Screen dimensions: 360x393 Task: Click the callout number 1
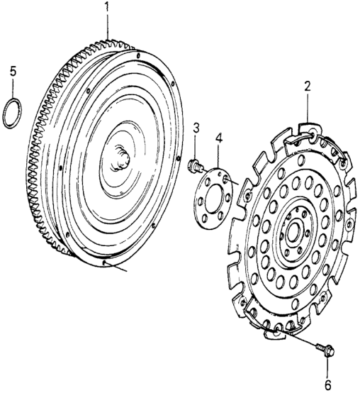(108, 6)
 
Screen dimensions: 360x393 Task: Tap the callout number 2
(308, 87)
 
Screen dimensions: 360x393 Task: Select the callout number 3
(196, 128)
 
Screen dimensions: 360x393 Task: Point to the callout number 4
(218, 139)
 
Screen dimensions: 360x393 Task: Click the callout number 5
(13, 72)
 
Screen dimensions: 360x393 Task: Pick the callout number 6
(327, 384)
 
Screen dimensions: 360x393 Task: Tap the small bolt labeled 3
(196, 166)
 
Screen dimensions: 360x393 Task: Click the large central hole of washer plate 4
(213, 198)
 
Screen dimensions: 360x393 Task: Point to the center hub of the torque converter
(121, 159)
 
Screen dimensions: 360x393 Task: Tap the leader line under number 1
(108, 26)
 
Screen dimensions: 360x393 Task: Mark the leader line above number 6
(327, 367)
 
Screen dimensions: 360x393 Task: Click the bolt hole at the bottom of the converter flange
(104, 262)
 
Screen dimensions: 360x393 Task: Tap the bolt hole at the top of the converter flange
(138, 55)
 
